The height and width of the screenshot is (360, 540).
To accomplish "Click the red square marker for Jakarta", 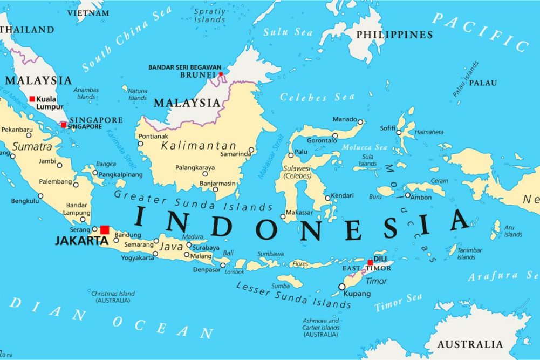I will click(105, 230).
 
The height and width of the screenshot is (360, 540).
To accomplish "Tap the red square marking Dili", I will click(370, 263).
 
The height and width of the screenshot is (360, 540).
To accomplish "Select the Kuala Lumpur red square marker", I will click(32, 99).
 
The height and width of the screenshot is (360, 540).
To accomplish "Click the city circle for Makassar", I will click(283, 216).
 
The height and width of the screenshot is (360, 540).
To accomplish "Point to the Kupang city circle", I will click(341, 287).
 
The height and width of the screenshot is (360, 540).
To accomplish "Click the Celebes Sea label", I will click(317, 98).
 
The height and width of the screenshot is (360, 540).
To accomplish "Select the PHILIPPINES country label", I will click(394, 35).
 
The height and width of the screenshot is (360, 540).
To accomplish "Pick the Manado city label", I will click(344, 119).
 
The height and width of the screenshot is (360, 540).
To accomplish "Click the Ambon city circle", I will click(408, 195).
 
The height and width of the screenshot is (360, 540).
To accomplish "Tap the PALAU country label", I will click(483, 83).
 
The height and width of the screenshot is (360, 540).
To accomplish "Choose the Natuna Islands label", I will click(138, 94).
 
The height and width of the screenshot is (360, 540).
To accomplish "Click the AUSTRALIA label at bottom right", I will click(470, 344).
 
